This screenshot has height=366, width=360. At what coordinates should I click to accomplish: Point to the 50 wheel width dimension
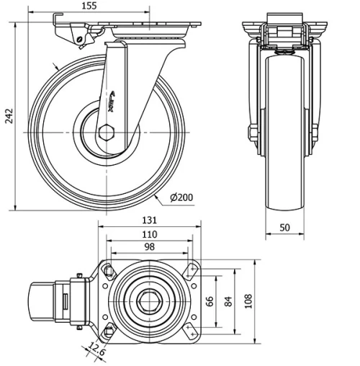pyautogui.click(x=285, y=228)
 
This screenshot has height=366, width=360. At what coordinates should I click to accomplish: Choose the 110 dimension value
pyautogui.click(x=149, y=235)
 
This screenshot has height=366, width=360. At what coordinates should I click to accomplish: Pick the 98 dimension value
pyautogui.click(x=149, y=247)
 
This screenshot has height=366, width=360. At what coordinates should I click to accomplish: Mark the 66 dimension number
pyautogui.click(x=210, y=302)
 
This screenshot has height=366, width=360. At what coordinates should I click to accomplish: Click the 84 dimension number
pyautogui.click(x=228, y=302)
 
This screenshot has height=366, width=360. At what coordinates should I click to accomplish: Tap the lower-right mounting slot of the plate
pyautogui.click(x=191, y=334)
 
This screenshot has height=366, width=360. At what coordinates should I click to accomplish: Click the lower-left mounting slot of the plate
pyautogui.click(x=109, y=332)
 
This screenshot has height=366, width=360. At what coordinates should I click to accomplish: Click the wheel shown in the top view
pyautogui.click(x=42, y=301)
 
